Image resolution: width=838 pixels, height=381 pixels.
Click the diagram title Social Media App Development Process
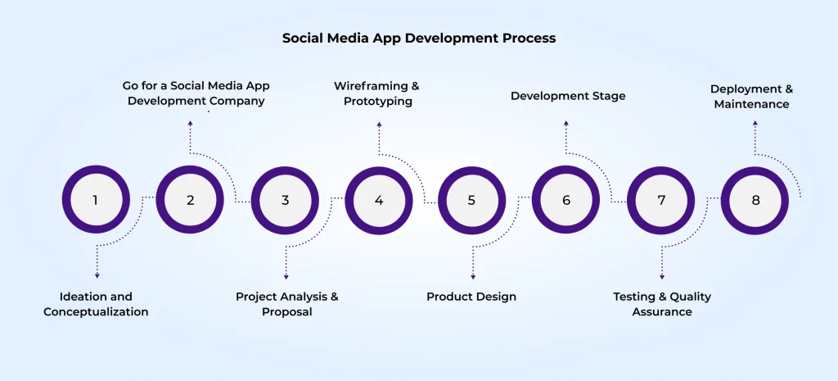[x=419, y=38]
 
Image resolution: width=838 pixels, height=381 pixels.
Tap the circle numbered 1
[x=96, y=200]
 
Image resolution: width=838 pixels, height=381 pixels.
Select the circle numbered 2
[x=190, y=200]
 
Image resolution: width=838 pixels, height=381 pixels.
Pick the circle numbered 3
[x=285, y=200]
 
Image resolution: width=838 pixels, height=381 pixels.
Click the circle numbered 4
[x=379, y=200]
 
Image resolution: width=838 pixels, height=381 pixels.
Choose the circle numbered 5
[x=471, y=200]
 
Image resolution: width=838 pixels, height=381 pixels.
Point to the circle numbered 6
[x=565, y=200]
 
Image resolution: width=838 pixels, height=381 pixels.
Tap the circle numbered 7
[x=661, y=200]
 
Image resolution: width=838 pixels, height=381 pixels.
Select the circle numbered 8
[x=755, y=200]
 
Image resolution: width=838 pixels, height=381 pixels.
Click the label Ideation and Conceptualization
[x=96, y=304]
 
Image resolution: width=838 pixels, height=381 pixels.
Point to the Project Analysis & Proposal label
[x=286, y=304]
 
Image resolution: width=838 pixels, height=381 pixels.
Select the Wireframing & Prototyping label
[x=377, y=93]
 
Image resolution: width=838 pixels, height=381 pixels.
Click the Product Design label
[x=471, y=297]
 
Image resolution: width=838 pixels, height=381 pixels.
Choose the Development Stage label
[x=568, y=96]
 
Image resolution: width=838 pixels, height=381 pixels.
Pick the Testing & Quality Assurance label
[x=662, y=304]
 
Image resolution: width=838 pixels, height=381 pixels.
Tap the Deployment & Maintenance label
[x=751, y=96]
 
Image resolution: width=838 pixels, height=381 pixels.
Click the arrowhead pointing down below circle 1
[x=97, y=276]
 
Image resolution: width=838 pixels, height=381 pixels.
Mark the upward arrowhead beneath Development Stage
[x=565, y=124]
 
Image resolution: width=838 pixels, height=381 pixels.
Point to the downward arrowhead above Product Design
[x=473, y=276]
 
